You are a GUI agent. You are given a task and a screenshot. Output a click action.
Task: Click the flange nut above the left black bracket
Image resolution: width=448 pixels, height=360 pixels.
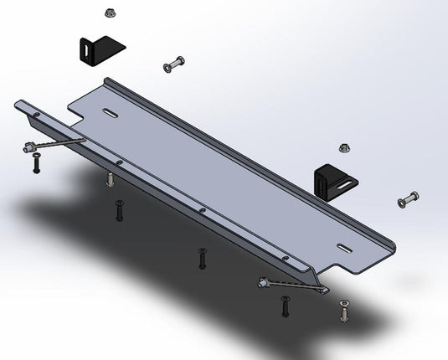[110, 13]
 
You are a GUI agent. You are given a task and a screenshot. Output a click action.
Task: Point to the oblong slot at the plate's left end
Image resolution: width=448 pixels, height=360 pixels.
[111, 113]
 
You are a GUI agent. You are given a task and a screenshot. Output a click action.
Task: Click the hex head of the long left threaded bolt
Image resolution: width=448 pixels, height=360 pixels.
[28, 148]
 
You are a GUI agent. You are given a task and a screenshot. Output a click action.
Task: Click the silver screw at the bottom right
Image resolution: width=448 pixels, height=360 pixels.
[344, 312]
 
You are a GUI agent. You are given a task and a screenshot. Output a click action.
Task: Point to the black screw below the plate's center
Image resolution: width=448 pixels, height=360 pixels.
[201, 259]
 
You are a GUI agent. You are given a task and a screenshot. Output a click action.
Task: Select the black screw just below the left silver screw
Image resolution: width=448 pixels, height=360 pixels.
[119, 212]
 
